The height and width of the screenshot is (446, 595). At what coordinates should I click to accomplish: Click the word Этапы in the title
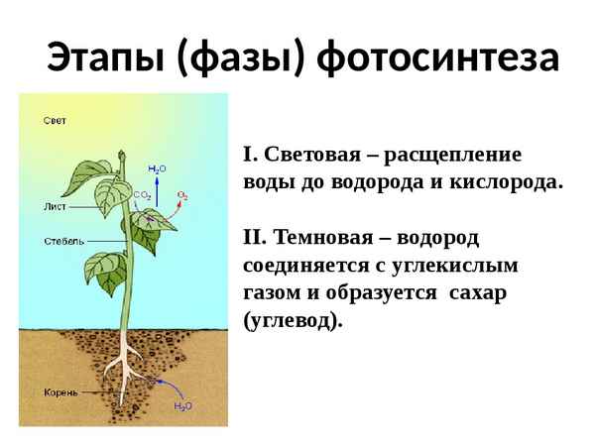coord(105,57)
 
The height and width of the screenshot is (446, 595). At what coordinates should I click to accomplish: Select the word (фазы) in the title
coord(241,57)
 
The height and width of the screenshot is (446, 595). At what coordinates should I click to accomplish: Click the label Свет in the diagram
coord(55,121)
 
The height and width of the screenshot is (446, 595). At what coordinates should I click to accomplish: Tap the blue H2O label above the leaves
coord(157,170)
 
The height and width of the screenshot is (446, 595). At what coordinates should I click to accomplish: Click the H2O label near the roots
coord(183,405)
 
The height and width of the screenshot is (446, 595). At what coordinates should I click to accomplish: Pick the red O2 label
coord(182,194)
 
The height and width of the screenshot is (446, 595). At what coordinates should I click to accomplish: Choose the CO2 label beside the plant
coord(142,195)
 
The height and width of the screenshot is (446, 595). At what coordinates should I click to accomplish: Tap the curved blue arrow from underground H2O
coord(175,386)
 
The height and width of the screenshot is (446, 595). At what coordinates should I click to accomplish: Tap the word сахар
coord(477,293)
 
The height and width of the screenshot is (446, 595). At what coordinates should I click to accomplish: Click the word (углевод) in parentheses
coord(292,321)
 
